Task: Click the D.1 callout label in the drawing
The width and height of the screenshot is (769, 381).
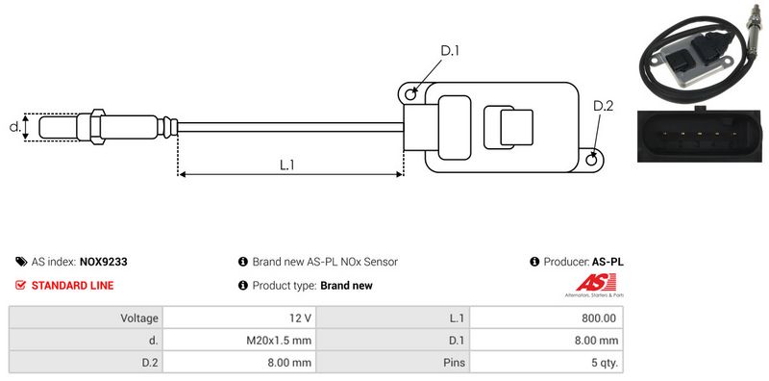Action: [x=450, y=51]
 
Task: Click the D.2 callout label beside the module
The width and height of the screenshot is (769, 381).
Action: [x=604, y=106]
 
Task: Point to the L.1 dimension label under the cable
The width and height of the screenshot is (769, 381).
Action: [x=286, y=165]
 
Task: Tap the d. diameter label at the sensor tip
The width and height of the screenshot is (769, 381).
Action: [x=15, y=127]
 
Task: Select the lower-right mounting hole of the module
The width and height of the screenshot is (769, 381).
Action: [x=592, y=159]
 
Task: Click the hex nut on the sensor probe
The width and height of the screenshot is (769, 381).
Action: [x=97, y=127]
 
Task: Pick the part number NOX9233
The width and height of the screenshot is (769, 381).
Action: [x=103, y=262]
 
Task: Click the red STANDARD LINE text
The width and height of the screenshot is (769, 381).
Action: [x=73, y=285]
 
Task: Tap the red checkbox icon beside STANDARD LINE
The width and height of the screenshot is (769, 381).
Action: [x=20, y=285]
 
